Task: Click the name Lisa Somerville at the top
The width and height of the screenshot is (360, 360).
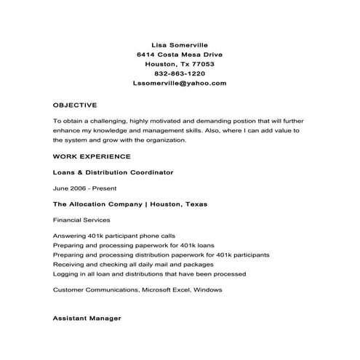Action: pyautogui.click(x=180, y=45)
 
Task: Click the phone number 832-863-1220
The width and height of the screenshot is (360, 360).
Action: pyautogui.click(x=180, y=73)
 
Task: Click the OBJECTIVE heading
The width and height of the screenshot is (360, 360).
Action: pyautogui.click(x=75, y=105)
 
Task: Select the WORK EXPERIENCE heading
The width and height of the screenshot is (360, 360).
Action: pyautogui.click(x=92, y=156)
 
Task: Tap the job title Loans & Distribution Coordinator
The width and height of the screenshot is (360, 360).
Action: pyautogui.click(x=113, y=172)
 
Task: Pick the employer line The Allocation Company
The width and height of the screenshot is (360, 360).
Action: pyautogui.click(x=97, y=204)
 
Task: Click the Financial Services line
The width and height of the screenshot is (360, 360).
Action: pyautogui.click(x=81, y=220)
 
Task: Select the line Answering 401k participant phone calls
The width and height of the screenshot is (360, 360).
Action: pyautogui.click(x=114, y=236)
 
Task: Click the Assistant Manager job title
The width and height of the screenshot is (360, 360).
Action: pyautogui.click(x=87, y=319)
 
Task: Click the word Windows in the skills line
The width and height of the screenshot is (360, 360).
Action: pyautogui.click(x=208, y=289)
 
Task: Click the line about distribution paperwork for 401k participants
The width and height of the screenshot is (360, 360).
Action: pyautogui.click(x=161, y=255)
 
